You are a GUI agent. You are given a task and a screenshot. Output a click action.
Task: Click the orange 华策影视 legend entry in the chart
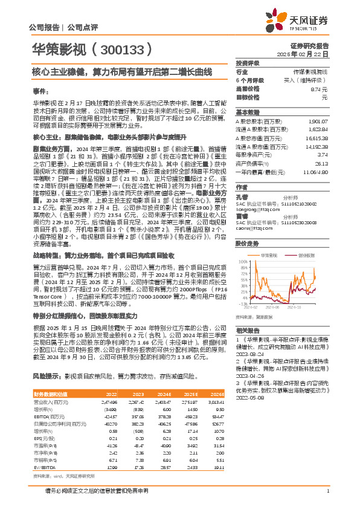point(269,239)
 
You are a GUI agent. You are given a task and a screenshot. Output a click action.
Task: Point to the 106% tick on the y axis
point(243,244)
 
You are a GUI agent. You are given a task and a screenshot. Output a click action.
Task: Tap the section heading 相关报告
point(248,331)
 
